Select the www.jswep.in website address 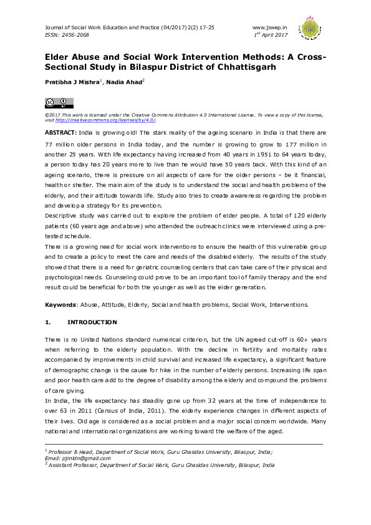click(269, 28)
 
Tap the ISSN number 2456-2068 click(74, 35)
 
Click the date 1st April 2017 click(269, 35)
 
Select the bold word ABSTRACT click(60, 133)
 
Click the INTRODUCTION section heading click(92, 322)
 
